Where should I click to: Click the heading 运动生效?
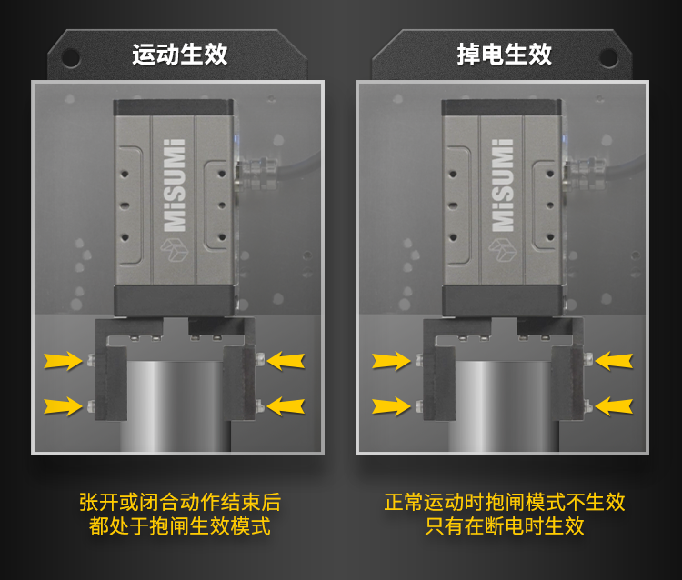[x=180, y=55]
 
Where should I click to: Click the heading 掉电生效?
[x=504, y=55]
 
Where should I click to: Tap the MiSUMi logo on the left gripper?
[x=175, y=185]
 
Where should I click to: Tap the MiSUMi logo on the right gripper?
[x=502, y=185]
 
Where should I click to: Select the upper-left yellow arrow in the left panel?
[x=63, y=361]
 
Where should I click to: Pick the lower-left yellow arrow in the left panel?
[x=63, y=406]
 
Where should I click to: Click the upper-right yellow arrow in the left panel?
[x=286, y=361]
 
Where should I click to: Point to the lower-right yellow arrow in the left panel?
[x=286, y=406]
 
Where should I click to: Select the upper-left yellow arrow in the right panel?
[x=391, y=361]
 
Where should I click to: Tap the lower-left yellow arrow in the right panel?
[x=391, y=406]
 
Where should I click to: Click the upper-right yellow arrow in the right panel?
[x=614, y=361]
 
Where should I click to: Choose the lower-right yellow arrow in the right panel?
[x=614, y=406]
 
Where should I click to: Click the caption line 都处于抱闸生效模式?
[x=180, y=525]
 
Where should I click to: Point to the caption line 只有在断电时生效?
[x=505, y=525]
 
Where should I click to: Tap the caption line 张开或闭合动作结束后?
[x=180, y=502]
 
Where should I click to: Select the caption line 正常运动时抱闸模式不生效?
[x=505, y=502]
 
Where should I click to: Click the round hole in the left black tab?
[x=70, y=57]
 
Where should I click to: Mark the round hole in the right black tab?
[x=608, y=57]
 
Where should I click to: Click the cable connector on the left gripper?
[x=256, y=173]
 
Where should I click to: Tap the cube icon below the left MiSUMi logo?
[x=174, y=250]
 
